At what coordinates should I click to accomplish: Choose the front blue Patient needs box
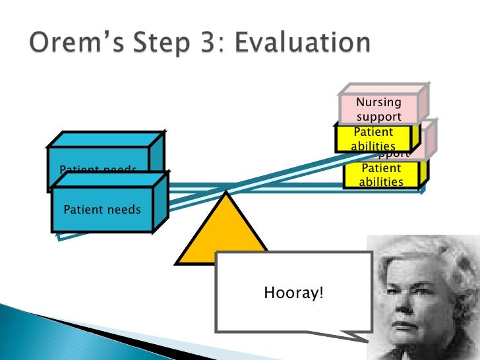pyautogui.click(x=102, y=210)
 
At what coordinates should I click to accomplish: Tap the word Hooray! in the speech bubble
pyautogui.click(x=293, y=292)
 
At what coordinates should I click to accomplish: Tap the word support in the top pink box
pyautogui.click(x=378, y=117)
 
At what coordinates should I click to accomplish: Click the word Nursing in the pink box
pyautogui.click(x=378, y=102)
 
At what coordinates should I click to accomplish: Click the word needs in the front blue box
pyautogui.click(x=125, y=210)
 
